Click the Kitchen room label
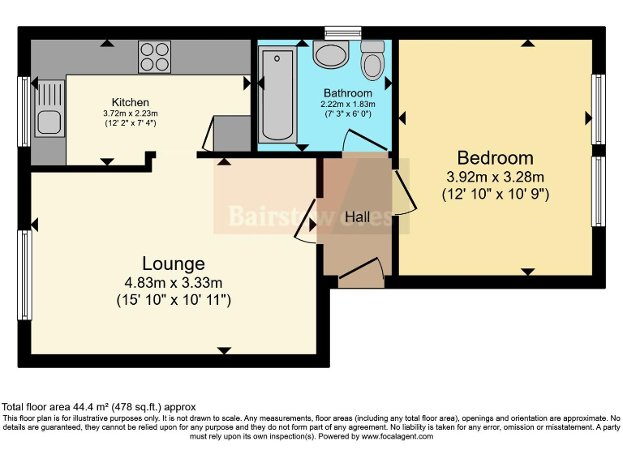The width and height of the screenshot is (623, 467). click(x=130, y=102)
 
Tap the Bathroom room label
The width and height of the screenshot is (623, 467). click(x=347, y=93)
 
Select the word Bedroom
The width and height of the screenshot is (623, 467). click(x=495, y=158)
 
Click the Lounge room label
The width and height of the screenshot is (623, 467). click(x=173, y=263)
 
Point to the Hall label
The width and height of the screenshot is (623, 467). click(x=357, y=217)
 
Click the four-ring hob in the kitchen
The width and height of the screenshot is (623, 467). click(x=154, y=57)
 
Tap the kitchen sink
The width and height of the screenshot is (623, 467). click(x=45, y=122)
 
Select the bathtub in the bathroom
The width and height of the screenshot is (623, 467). click(x=277, y=94)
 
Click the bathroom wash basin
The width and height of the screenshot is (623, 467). click(x=330, y=55)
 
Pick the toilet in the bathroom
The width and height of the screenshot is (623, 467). click(x=372, y=60)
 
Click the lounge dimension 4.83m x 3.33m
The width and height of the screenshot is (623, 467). click(x=173, y=283)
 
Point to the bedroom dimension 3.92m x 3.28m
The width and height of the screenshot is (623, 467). click(x=495, y=177)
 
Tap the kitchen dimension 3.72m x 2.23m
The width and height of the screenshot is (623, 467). click(x=130, y=114)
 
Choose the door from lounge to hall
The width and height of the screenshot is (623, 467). click(x=307, y=222)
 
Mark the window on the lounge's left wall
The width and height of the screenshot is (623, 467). click(x=25, y=275)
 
